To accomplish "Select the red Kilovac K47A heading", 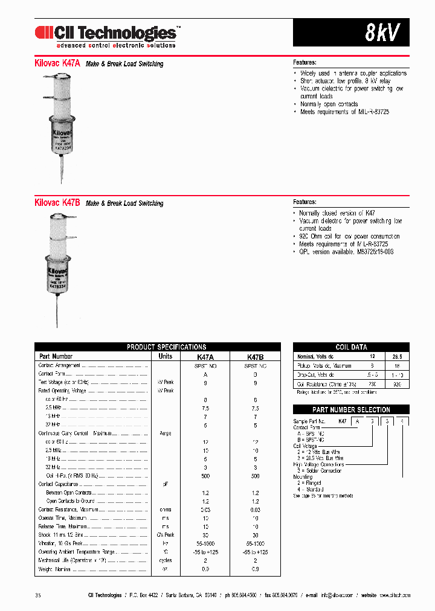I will pos(58,63).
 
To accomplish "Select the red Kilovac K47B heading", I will pos(58,203).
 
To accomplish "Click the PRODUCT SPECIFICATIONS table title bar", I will pos(158,347).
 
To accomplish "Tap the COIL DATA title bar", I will pos(351,347).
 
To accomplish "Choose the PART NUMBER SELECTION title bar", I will pos(351,409).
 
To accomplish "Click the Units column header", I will pos(165,356).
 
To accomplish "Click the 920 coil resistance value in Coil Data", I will pos(397,384).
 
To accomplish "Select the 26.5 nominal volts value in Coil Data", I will pos(396,356).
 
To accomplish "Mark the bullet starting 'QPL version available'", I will pos(346,252).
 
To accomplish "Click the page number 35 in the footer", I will pos(38,595).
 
